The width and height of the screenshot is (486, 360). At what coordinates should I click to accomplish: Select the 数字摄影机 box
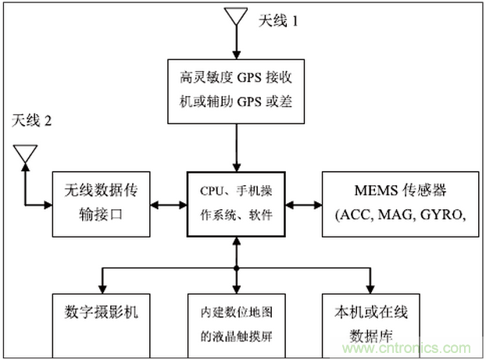(102, 325)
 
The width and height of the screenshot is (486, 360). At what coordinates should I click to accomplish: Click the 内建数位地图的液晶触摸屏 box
(235, 325)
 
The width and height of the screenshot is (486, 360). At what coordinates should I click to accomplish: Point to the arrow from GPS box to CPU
(235, 148)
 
